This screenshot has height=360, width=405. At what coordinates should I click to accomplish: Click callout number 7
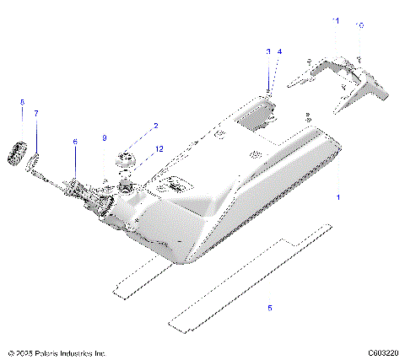coord(36,112)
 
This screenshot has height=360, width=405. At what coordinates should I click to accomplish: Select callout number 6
coord(74,142)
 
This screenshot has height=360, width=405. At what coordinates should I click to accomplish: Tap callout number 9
coord(105,137)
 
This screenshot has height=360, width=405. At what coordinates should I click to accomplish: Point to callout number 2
coord(154,126)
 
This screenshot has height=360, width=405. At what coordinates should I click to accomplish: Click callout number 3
coord(268,51)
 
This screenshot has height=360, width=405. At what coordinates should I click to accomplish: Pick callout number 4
coord(279,51)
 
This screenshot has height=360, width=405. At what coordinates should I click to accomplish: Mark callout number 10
coord(361,25)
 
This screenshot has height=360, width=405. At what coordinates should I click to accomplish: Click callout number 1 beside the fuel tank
coord(339,196)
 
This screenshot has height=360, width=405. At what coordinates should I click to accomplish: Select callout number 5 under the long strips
coord(270,308)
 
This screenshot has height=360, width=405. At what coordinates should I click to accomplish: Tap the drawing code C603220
coord(383,353)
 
